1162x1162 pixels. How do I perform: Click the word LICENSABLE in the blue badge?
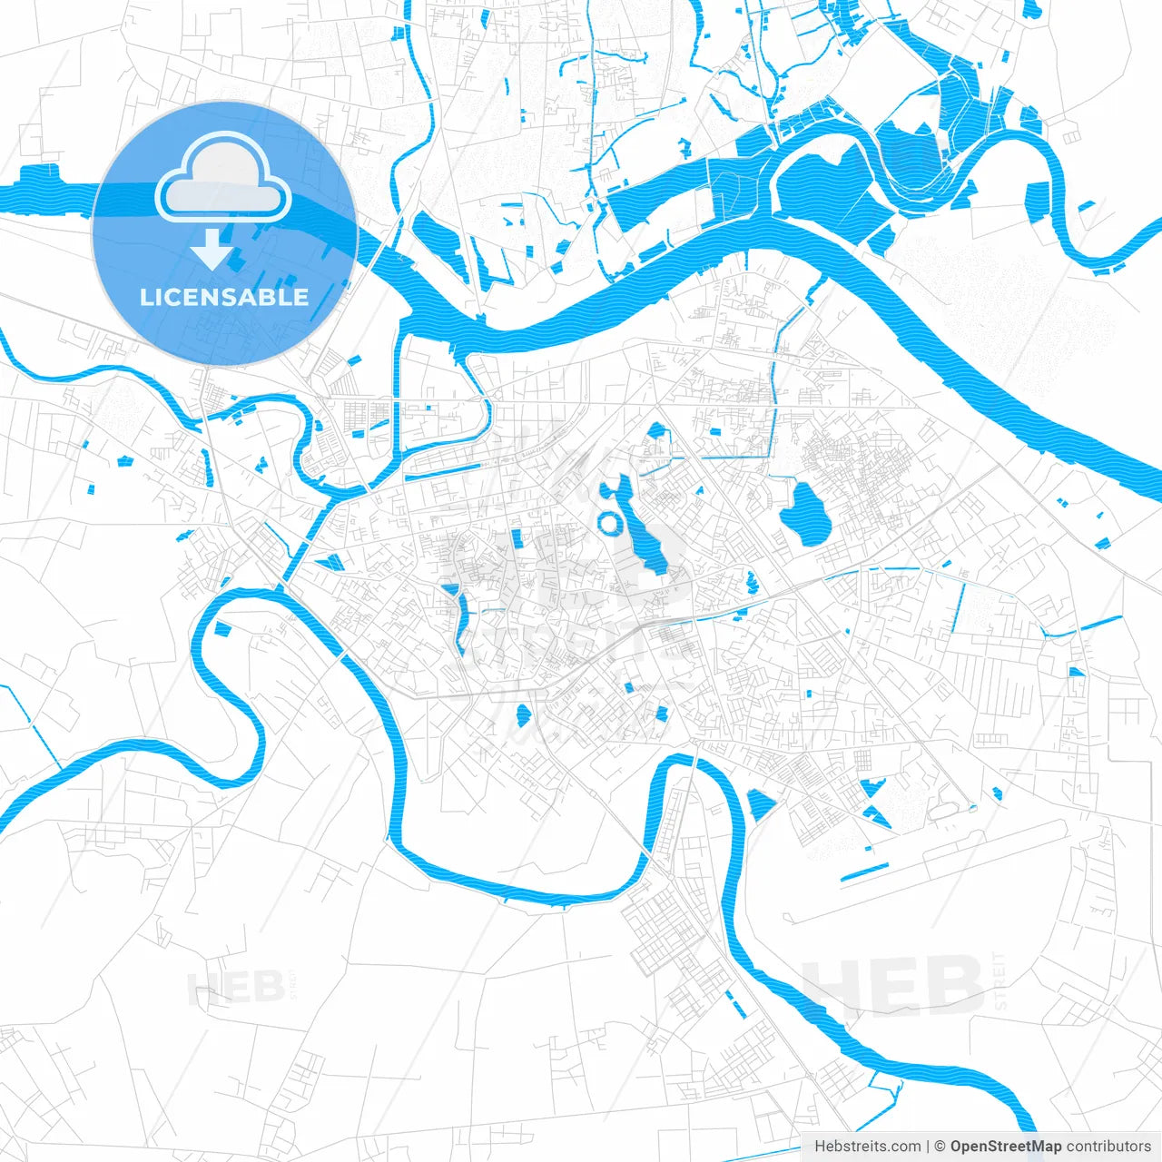[x=224, y=297]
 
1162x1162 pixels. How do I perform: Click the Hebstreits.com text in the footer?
[x=867, y=1147]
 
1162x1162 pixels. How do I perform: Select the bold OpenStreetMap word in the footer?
[x=1005, y=1147]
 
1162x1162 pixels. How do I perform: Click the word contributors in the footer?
[x=1108, y=1147]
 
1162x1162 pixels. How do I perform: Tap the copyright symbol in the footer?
[x=940, y=1147]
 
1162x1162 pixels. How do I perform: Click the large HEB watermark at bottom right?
[x=893, y=986]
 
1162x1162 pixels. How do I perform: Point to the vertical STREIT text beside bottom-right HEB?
[x=1000, y=981]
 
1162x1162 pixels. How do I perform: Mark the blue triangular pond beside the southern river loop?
[x=759, y=804]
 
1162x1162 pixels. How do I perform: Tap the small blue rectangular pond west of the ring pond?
[x=517, y=538]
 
